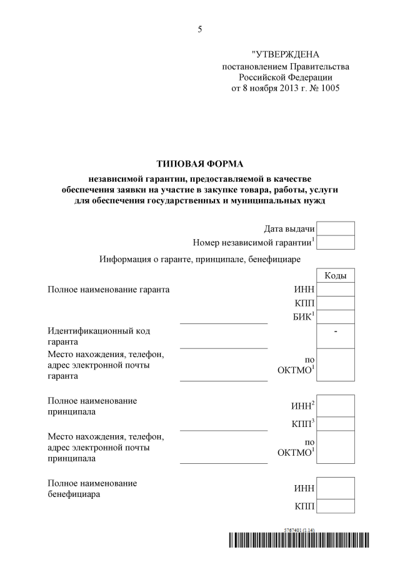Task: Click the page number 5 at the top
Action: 200,29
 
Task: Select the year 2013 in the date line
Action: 282,89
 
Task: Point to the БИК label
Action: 304,318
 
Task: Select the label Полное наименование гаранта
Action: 109,290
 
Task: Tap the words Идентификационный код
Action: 99,330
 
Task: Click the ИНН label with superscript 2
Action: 303,407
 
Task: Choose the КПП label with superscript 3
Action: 303,424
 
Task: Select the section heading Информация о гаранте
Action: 200,259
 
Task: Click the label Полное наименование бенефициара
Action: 92,489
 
